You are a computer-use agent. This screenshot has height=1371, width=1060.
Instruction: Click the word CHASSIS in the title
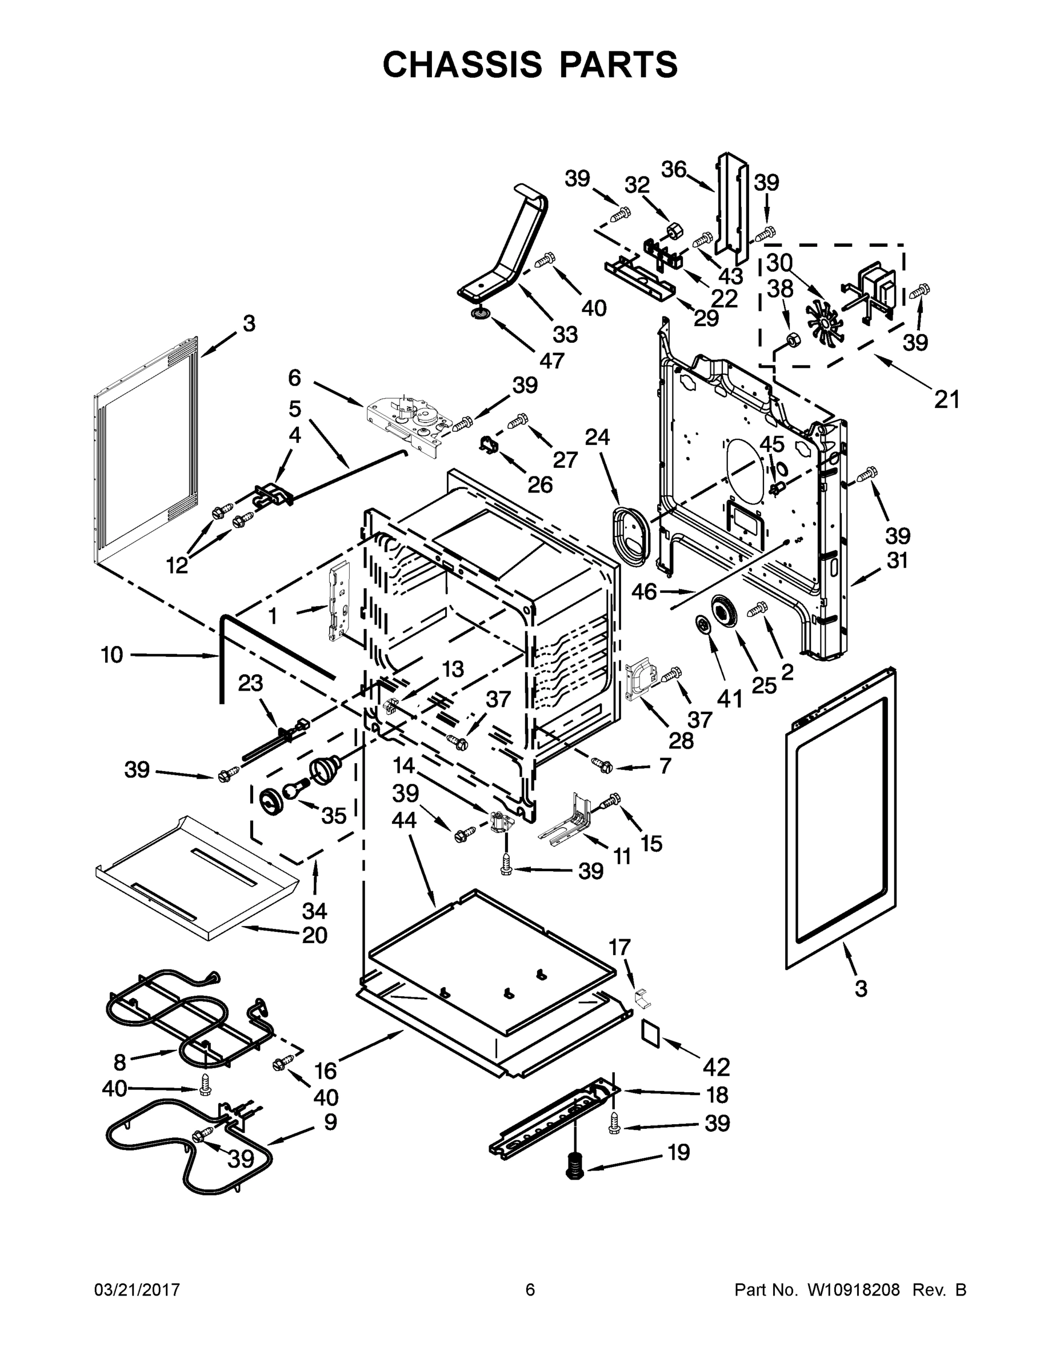coord(462,64)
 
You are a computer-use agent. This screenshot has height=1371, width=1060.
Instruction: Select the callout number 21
coord(946,399)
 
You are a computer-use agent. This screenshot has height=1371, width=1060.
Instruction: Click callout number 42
coord(717,1067)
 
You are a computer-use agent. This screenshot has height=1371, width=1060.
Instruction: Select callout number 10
coord(112,655)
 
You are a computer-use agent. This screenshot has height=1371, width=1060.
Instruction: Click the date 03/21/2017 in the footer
coord(137,1289)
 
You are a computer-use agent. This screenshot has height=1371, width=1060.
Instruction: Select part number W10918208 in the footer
coord(853,1289)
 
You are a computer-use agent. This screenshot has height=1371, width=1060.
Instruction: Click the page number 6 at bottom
coord(530,1289)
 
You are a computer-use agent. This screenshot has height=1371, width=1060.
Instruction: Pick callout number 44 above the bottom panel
coord(405,819)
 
